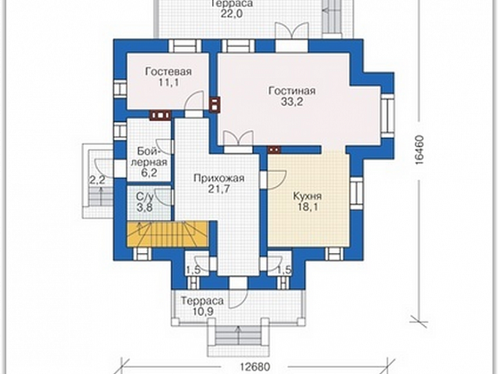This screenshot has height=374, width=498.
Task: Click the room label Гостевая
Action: (x=168, y=71)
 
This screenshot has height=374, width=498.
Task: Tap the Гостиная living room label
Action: (x=292, y=91)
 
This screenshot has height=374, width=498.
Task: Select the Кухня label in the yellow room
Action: (x=307, y=196)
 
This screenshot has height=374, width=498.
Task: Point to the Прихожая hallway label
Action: (x=219, y=178)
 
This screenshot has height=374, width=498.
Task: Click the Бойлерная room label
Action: (x=149, y=156)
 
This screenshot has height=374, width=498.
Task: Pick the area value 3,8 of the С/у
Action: (x=145, y=207)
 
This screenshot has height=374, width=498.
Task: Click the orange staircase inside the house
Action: (x=167, y=234)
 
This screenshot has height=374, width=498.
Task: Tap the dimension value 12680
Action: (x=254, y=367)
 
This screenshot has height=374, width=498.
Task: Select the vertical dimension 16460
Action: (x=419, y=149)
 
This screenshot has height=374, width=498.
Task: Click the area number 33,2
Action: (x=292, y=102)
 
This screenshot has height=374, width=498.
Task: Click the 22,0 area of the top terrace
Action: (x=232, y=13)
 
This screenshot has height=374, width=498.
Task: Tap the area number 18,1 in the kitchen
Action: (x=307, y=207)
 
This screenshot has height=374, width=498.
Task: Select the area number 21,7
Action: (x=219, y=189)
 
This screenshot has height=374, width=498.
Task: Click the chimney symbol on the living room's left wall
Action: (x=214, y=104)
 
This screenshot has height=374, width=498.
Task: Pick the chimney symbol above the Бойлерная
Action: (x=160, y=115)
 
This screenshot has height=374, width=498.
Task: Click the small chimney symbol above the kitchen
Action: (x=274, y=149)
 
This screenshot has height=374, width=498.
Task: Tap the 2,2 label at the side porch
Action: (x=97, y=181)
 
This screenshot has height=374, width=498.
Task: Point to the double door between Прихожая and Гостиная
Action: (x=239, y=139)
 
